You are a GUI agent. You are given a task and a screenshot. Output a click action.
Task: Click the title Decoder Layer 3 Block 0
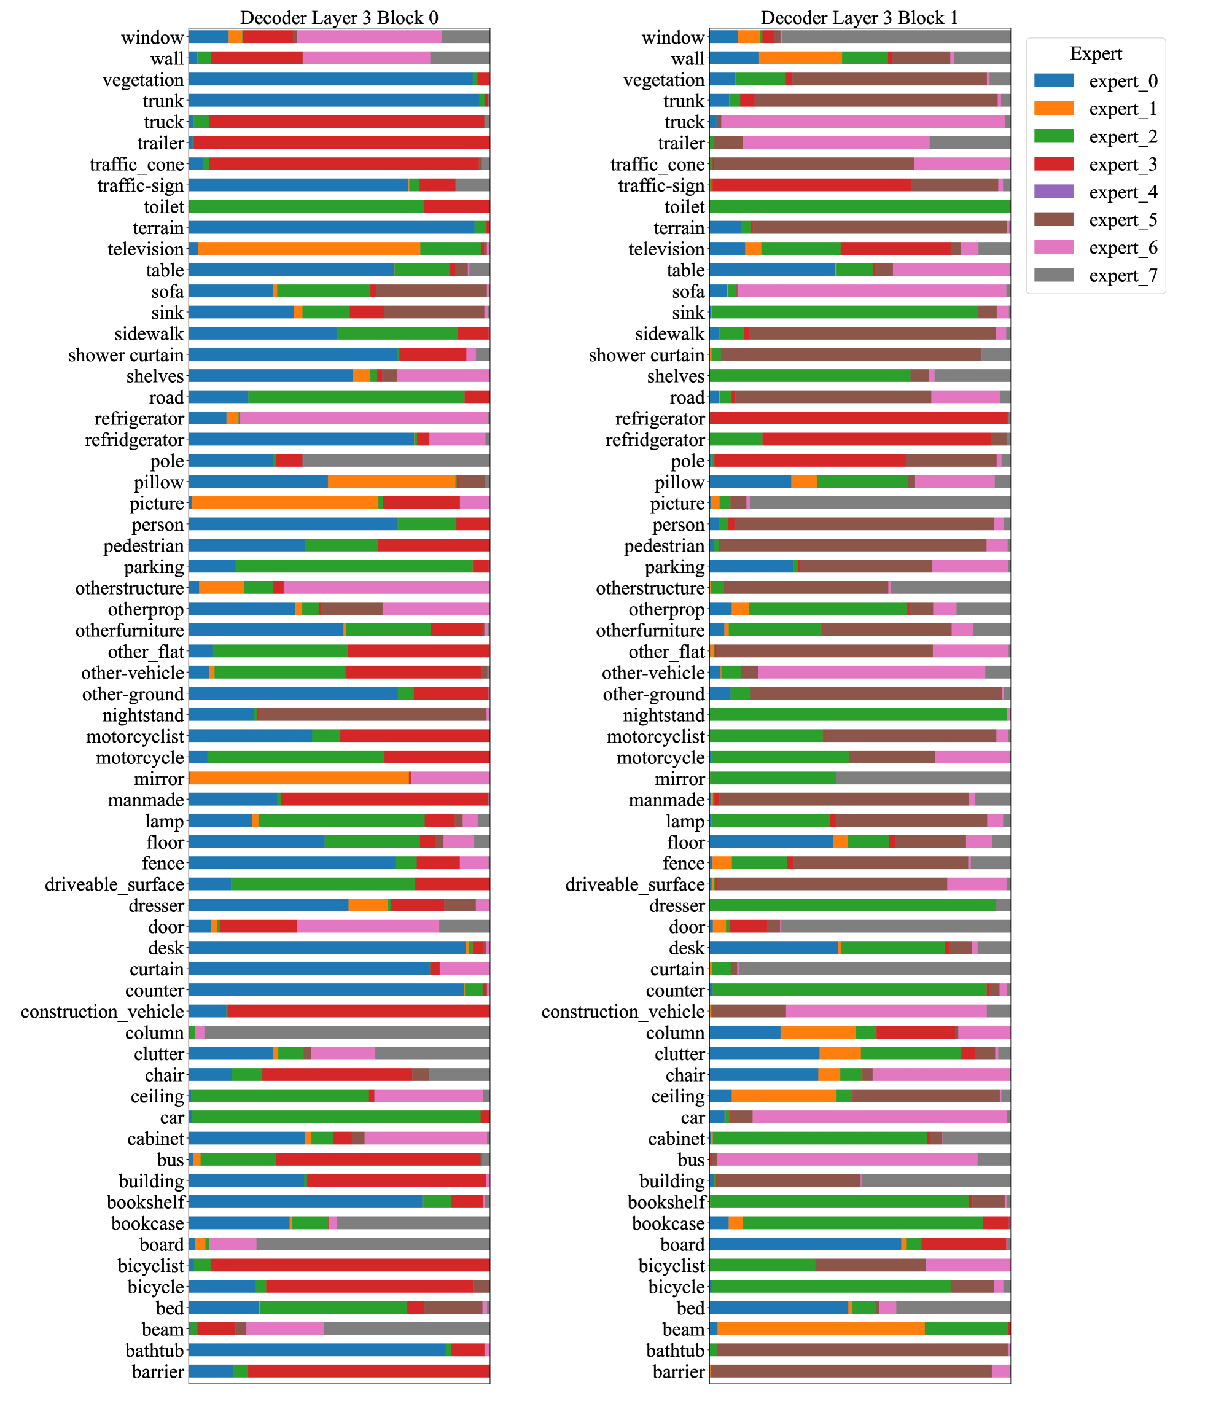point(339,18)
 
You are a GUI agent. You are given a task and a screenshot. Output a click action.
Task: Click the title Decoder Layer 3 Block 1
point(859,18)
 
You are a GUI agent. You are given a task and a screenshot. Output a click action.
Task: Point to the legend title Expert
point(1096,54)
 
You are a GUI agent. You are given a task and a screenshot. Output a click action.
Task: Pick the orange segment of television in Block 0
point(309,249)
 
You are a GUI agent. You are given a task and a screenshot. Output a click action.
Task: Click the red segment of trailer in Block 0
point(341,144)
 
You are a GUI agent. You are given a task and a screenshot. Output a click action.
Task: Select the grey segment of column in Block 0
point(346,1033)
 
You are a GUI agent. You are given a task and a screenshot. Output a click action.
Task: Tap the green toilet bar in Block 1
point(859,207)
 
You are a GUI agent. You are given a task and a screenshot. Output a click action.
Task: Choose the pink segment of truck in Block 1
point(863,122)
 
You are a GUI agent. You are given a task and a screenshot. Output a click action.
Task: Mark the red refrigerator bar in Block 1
point(859,419)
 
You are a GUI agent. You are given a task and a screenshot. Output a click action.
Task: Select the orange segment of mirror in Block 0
point(299,779)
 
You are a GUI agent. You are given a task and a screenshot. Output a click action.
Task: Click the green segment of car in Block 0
point(336,1118)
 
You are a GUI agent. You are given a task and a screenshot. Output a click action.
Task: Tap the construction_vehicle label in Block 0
point(103,1012)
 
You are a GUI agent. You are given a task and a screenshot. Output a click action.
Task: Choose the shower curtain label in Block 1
point(646,355)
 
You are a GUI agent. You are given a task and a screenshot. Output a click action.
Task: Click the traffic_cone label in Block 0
point(136,165)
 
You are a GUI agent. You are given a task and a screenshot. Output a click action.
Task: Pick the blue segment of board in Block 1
point(805,1245)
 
